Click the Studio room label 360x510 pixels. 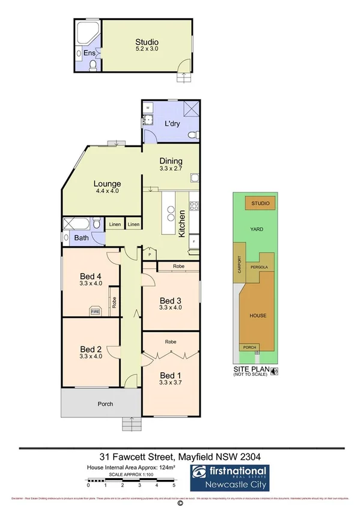click(x=147, y=42)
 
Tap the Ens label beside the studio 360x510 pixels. click(x=88, y=53)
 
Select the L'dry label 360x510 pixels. click(x=172, y=124)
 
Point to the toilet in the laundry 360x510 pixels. click(x=191, y=136)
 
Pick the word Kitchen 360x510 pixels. click(x=182, y=223)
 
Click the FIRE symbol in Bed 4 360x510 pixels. click(x=95, y=311)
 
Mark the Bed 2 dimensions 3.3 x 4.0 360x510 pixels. click(x=91, y=356)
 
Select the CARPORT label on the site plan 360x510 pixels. click(x=239, y=264)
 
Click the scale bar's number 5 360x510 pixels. click(x=174, y=485)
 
